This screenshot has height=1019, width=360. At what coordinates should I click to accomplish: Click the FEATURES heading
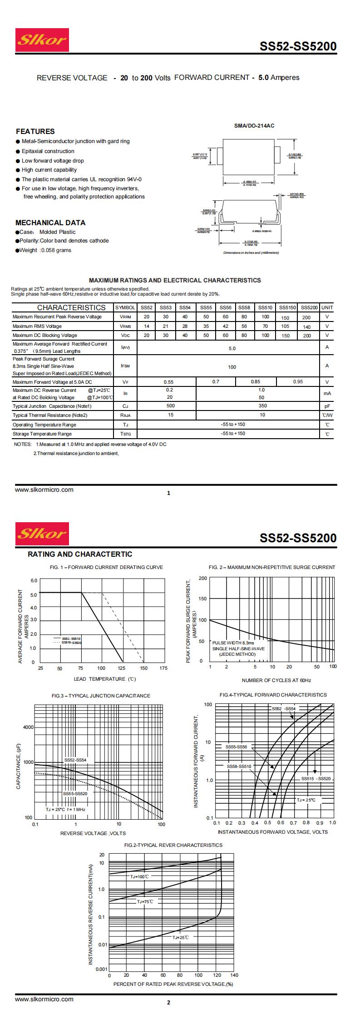pyautogui.click(x=35, y=131)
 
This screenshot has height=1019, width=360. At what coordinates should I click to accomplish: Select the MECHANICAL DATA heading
pyautogui.click(x=50, y=223)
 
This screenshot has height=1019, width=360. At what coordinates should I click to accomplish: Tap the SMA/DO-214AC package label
pyautogui.click(x=254, y=126)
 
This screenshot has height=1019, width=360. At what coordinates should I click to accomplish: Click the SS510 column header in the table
pyautogui.click(x=265, y=307)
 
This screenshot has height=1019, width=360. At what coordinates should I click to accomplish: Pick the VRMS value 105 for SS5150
pyautogui.click(x=285, y=326)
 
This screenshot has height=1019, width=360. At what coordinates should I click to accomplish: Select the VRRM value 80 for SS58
pyautogui.click(x=244, y=317)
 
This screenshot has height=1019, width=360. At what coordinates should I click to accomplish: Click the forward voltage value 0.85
pyautogui.click(x=256, y=382)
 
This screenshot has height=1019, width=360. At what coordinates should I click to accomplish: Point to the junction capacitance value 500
pyautogui.click(x=170, y=406)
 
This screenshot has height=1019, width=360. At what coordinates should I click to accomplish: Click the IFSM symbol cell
pyautogui.click(x=125, y=366)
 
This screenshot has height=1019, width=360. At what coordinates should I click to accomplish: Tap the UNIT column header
pyautogui.click(x=327, y=307)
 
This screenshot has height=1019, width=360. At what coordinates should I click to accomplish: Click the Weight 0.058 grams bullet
pyautogui.click(x=44, y=250)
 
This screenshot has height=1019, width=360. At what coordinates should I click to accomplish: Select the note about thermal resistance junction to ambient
pyautogui.click(x=76, y=453)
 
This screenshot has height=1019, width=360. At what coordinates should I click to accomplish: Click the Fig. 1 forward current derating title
pyautogui.click(x=106, y=567)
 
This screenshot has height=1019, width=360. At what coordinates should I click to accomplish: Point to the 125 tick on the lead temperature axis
pyautogui.click(x=122, y=668)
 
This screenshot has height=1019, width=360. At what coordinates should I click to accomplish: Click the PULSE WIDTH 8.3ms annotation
pyautogui.click(x=233, y=643)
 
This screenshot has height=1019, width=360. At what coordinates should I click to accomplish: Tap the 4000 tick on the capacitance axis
pyautogui.click(x=28, y=727)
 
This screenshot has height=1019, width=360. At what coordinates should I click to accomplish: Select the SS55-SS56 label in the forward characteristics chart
pyautogui.click(x=237, y=747)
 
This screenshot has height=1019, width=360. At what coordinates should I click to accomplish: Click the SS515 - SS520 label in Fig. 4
pyautogui.click(x=316, y=779)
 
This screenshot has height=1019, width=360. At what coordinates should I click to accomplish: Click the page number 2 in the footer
pyautogui.click(x=168, y=1002)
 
